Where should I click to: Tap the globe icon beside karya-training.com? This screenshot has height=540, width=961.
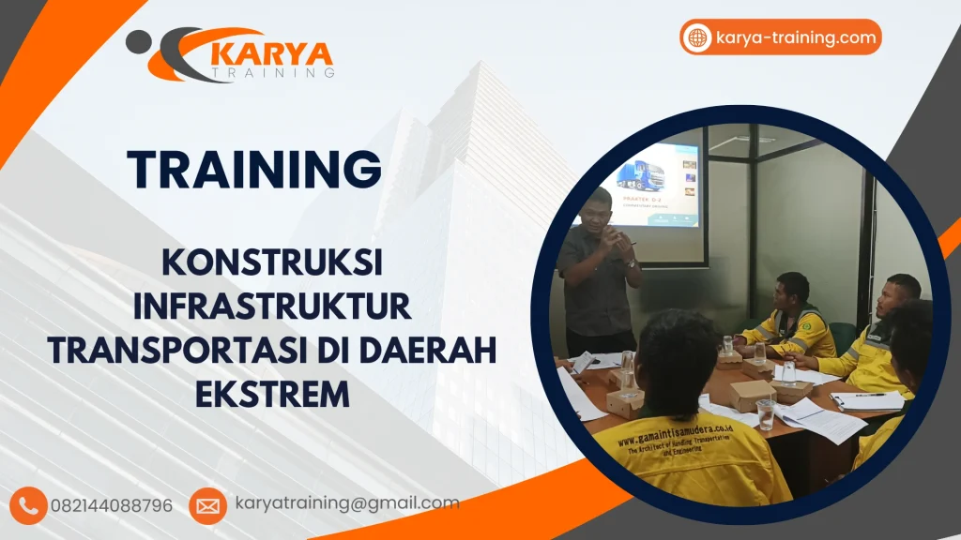697,37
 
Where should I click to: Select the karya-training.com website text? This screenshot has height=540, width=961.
795,38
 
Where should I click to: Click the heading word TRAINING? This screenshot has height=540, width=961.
255,169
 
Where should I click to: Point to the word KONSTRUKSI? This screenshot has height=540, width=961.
272,263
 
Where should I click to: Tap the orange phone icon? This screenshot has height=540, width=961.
30,505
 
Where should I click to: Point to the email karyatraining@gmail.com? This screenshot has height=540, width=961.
347,503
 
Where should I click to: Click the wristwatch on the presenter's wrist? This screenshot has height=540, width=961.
630,264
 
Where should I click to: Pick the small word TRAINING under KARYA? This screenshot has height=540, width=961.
272,72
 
